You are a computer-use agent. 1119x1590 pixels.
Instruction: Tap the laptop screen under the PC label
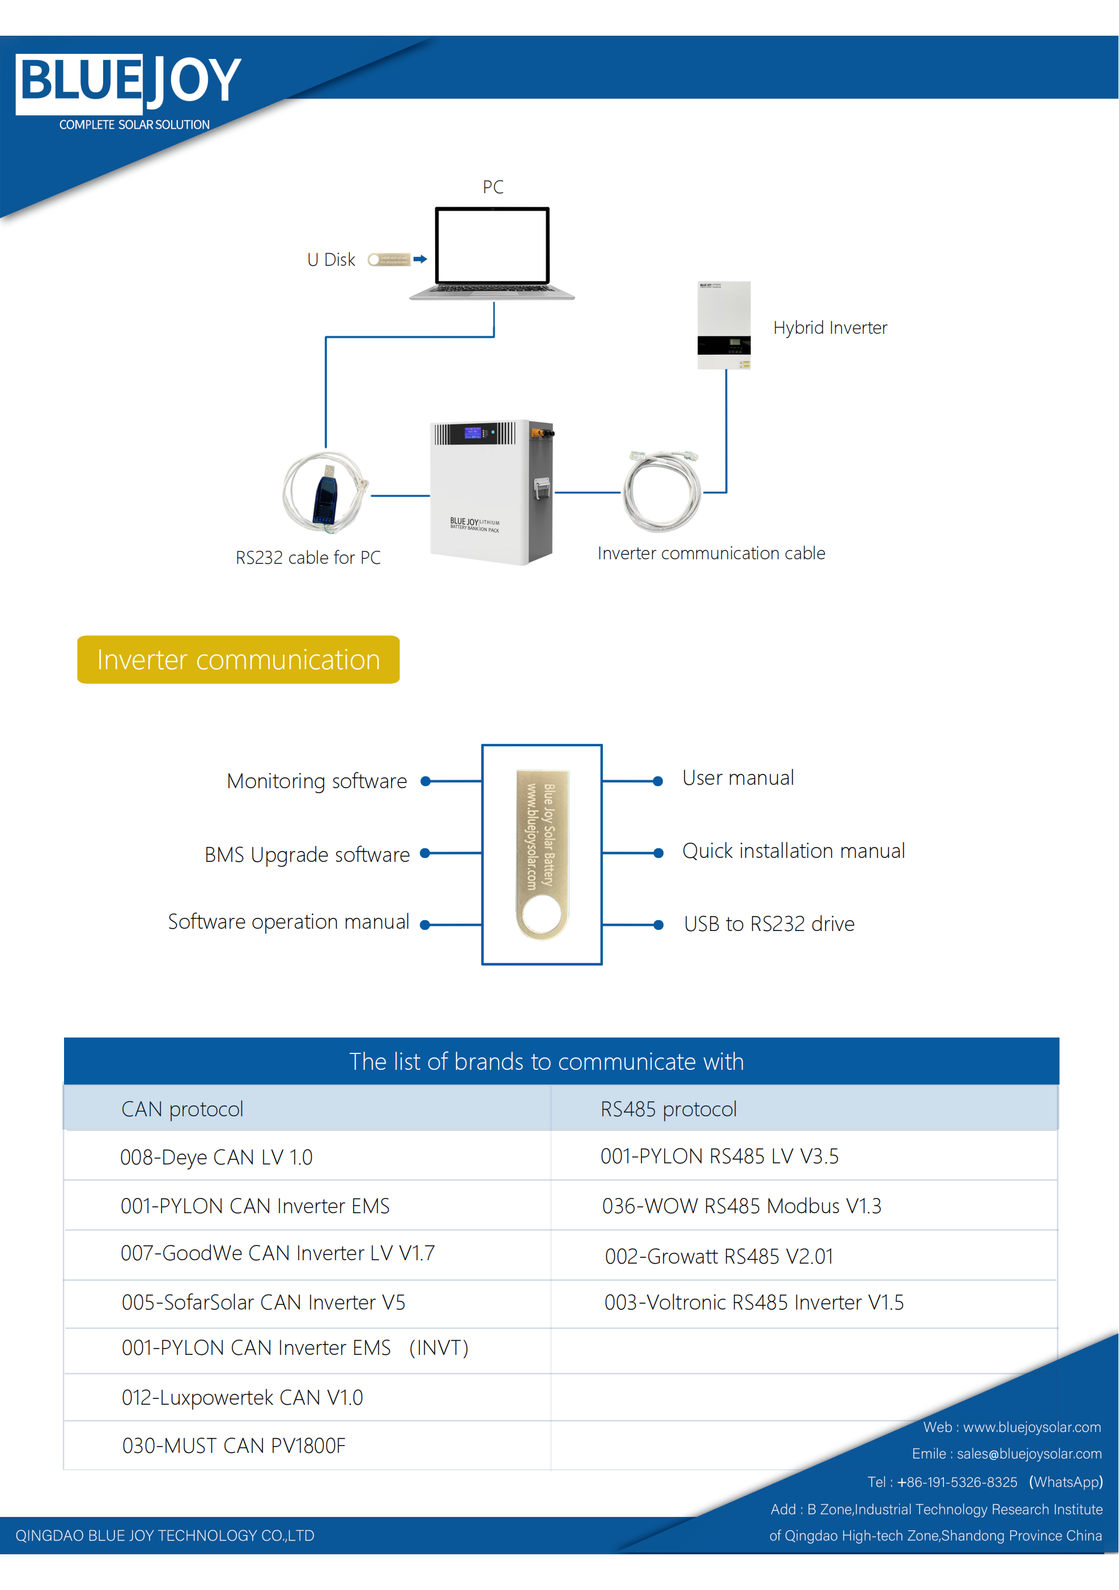tap(492, 245)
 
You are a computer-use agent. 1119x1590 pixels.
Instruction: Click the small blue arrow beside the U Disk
tap(420, 259)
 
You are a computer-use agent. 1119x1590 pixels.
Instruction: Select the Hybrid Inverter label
tap(829, 328)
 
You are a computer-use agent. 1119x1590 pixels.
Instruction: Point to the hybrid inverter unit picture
tap(724, 325)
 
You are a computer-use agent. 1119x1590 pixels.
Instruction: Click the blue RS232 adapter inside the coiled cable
tap(325, 494)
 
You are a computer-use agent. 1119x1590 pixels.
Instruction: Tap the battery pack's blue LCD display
tap(473, 433)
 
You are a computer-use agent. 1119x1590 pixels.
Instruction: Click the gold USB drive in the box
tap(542, 854)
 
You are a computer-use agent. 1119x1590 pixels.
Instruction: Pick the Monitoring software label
tap(317, 781)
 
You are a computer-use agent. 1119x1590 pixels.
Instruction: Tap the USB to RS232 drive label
tap(769, 924)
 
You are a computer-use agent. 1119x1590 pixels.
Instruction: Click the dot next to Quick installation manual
tap(658, 853)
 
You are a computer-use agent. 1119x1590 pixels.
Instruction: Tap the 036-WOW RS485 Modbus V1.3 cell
tap(742, 1206)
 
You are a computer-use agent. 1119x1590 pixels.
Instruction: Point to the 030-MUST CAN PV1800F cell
tap(233, 1446)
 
